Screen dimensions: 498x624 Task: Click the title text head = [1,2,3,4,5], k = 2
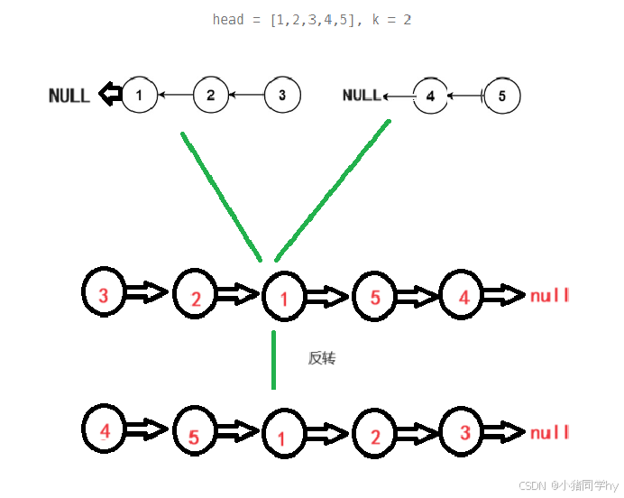312,19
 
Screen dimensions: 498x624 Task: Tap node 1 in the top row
139,95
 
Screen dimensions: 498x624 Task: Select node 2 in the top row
210,95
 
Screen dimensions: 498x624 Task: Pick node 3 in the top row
281,95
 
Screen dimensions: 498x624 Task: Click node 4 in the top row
430,96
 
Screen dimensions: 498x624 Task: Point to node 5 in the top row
501,96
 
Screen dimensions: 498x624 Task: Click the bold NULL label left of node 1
69,95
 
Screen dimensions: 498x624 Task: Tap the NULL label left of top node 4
362,95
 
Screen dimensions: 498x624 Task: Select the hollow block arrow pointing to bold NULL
110,93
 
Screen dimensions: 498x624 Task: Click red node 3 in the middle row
104,294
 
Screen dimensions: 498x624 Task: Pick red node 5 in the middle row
374,296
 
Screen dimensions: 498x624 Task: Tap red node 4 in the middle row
463,294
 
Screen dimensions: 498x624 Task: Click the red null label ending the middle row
550,296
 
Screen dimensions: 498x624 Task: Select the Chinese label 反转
322,358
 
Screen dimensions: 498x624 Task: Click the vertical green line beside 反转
273,360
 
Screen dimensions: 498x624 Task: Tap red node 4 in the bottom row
105,431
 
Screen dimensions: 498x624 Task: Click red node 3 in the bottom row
464,432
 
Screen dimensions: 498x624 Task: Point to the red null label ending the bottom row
550,433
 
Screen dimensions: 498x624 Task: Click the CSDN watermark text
568,485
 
